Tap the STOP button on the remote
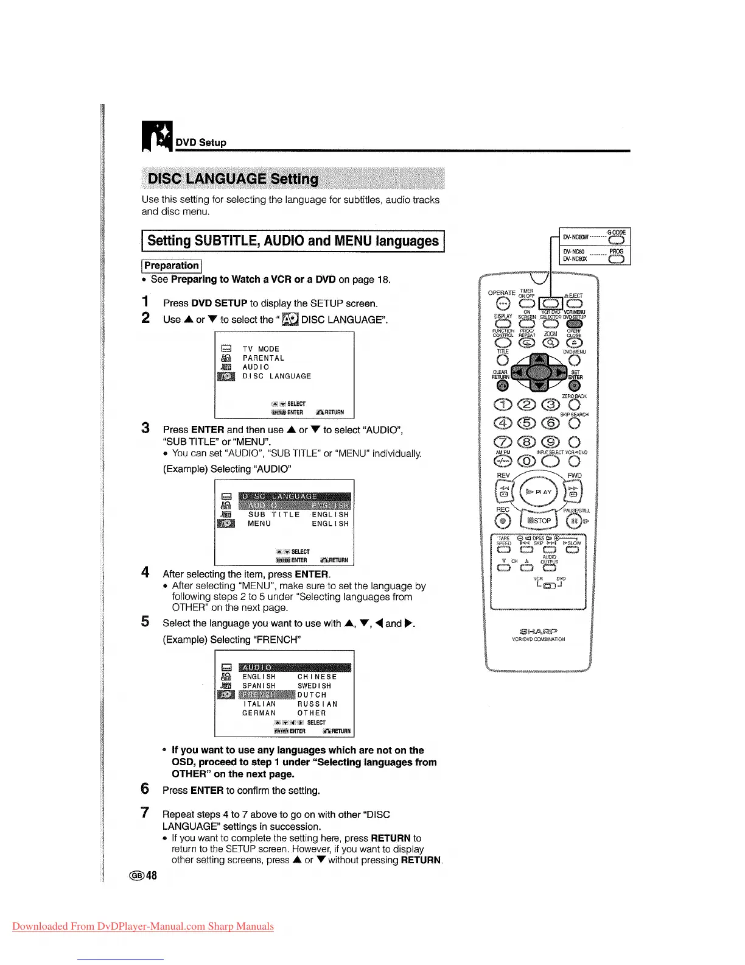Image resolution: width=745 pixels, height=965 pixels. click(x=539, y=520)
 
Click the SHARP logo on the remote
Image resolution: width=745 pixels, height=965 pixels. click(x=539, y=631)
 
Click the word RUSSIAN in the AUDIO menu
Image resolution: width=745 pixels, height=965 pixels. click(x=317, y=704)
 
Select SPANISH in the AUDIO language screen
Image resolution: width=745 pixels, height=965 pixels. click(x=259, y=685)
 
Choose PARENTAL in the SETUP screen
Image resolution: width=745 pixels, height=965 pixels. click(x=263, y=358)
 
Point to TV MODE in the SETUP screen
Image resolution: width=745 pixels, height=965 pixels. click(x=261, y=349)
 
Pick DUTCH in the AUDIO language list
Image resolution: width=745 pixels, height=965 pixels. click(x=312, y=695)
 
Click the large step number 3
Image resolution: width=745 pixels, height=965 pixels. click(x=145, y=428)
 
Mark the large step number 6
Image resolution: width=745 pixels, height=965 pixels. click(x=145, y=789)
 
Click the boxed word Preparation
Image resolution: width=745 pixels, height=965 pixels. click(x=172, y=266)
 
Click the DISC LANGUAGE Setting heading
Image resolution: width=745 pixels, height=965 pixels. click(x=233, y=179)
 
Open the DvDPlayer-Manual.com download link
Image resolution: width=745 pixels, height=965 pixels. click(x=142, y=926)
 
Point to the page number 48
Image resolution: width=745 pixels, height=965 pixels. click(x=151, y=875)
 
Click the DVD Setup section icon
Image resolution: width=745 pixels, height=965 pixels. click(x=156, y=136)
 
